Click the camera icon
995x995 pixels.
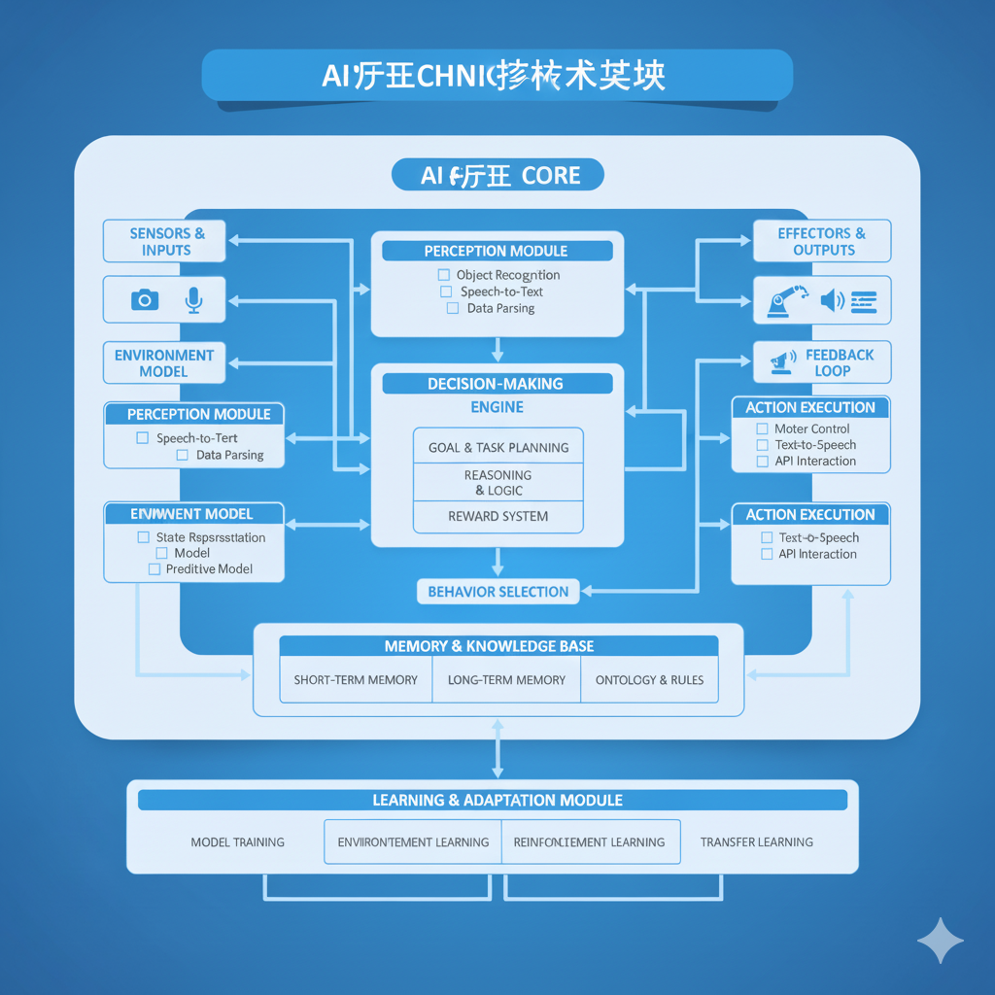click(x=145, y=300)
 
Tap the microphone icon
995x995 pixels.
click(x=193, y=300)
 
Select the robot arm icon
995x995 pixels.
click(x=786, y=300)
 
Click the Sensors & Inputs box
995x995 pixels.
click(x=165, y=241)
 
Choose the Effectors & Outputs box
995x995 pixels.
click(x=822, y=241)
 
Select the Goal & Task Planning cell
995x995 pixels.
click(x=497, y=448)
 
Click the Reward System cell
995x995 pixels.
click(x=497, y=517)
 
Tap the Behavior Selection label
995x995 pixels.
click(x=497, y=592)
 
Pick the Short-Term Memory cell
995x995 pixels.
click(x=356, y=680)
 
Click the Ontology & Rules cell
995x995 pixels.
click(x=649, y=680)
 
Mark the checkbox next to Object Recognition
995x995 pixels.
click(x=444, y=275)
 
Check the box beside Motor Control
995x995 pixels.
click(x=763, y=429)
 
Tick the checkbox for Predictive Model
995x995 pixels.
click(x=154, y=569)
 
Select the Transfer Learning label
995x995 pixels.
click(x=756, y=841)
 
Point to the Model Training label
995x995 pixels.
click(x=237, y=841)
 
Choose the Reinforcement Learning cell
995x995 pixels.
click(x=589, y=841)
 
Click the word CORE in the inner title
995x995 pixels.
click(x=551, y=176)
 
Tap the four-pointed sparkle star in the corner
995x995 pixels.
click(x=941, y=940)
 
